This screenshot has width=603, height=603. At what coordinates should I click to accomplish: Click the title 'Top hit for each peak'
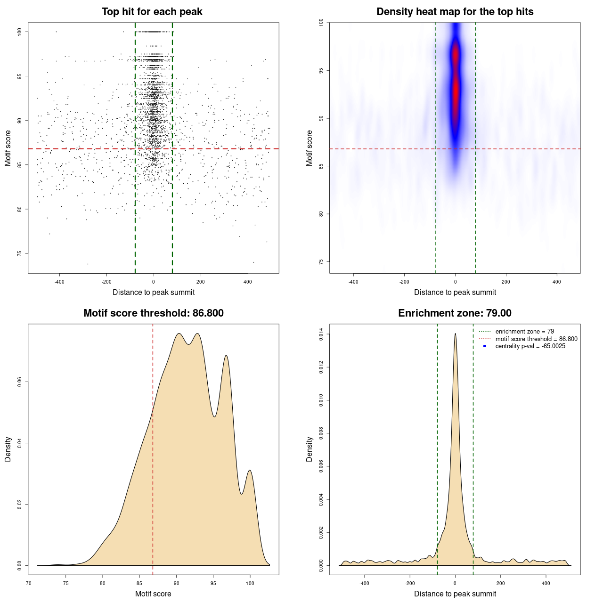pos(152,12)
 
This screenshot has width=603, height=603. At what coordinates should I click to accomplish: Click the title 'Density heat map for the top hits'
pos(455,12)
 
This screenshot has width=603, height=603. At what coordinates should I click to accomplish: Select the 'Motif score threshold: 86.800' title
pos(153,313)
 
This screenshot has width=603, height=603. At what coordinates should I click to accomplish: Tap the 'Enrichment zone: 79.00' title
pos(455,313)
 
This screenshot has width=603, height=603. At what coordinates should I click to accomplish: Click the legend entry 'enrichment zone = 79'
pos(524,332)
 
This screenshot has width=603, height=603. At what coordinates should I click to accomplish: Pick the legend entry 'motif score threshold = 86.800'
pos(536,339)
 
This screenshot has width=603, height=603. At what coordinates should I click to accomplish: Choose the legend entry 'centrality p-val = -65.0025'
pos(530,346)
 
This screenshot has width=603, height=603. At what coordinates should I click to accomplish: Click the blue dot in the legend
pos(485,346)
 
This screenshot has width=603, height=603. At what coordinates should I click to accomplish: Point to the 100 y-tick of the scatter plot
pos(20,32)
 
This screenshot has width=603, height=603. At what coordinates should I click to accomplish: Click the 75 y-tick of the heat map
pos(321,261)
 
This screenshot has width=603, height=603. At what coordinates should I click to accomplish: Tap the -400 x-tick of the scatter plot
pos(59,282)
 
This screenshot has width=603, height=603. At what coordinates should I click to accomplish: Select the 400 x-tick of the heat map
pos(557,282)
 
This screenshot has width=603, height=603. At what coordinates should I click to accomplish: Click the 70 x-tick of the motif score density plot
pos(29,583)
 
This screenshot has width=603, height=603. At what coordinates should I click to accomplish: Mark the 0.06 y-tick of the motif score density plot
pos(20,382)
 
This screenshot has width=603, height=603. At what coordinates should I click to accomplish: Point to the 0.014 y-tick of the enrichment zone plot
pos(321,334)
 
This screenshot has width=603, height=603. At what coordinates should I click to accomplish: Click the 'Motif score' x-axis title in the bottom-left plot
pos(153,594)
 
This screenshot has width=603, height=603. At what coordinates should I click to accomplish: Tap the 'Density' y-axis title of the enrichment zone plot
pos(310,449)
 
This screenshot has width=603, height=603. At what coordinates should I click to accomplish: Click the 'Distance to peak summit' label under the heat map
pos(455,292)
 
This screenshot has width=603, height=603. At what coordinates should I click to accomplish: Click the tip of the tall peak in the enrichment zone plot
pos(455,334)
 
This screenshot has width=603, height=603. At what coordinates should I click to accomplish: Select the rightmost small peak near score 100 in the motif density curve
pos(250,470)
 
